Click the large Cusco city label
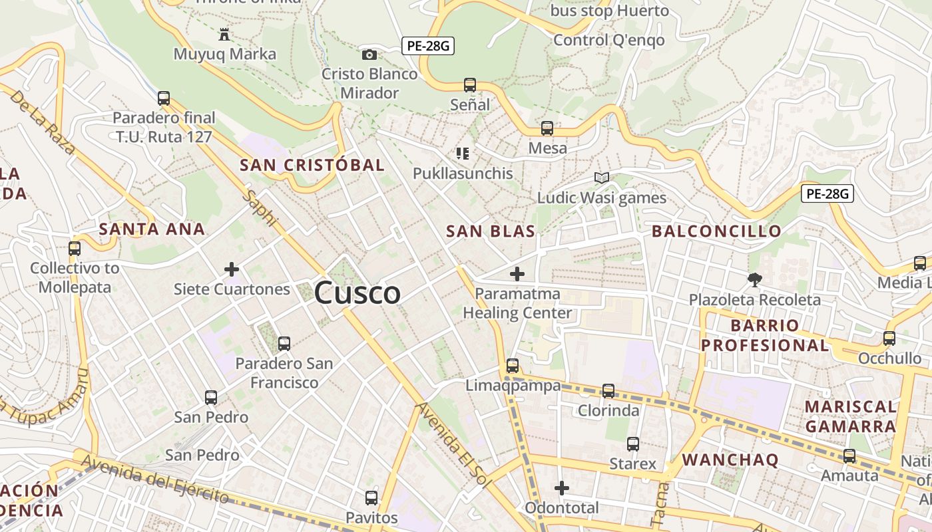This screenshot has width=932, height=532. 357,293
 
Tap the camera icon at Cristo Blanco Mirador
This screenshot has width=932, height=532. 369,55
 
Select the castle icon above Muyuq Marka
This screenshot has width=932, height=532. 224,34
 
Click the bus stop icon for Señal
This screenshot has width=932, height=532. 470,85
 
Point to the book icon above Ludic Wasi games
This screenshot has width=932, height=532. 602,178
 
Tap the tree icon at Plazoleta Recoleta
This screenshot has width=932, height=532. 754,280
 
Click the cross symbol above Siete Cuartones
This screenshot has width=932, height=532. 232,269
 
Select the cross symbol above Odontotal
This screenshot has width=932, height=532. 562,488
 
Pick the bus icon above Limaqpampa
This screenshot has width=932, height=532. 512,366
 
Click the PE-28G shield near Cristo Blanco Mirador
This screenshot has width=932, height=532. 428,46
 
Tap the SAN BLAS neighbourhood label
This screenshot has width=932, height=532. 491,231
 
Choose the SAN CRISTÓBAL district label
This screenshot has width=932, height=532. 312,165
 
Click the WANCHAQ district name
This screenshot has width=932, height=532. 730,460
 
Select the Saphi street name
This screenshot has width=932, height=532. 260,207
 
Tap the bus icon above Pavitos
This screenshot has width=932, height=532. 371,497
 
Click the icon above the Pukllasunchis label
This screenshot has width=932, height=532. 463,154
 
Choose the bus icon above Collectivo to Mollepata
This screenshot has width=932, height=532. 75,249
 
